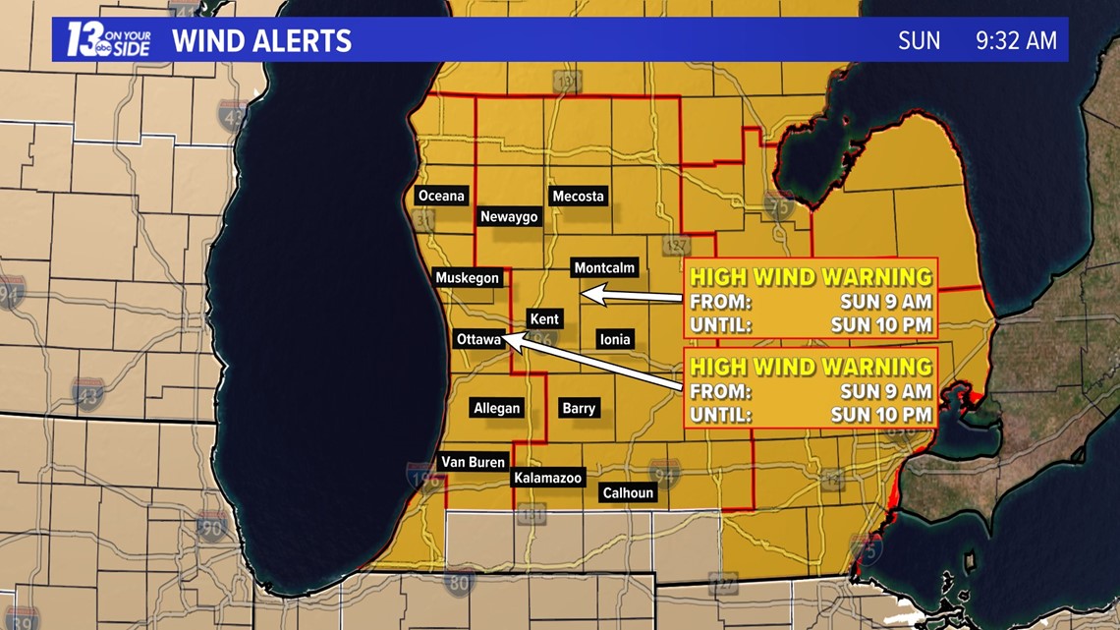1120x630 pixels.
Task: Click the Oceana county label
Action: [441, 196]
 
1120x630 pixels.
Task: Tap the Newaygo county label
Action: [509, 217]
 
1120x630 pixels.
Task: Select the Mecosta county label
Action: [578, 196]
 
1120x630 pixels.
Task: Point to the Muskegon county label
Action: [468, 278]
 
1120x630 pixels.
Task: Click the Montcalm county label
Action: [605, 267]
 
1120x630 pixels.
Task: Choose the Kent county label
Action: [544, 318]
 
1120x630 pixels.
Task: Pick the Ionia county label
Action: [615, 340]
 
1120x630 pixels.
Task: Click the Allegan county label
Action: [497, 408]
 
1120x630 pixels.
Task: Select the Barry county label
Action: [579, 408]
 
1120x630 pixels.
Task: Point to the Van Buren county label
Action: [473, 462]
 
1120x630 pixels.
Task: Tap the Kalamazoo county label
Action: [548, 478]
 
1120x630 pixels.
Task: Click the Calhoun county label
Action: [628, 493]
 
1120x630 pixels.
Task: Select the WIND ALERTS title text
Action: [261, 41]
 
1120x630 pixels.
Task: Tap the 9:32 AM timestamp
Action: [1016, 41]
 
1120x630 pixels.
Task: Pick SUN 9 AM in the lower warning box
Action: [886, 391]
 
